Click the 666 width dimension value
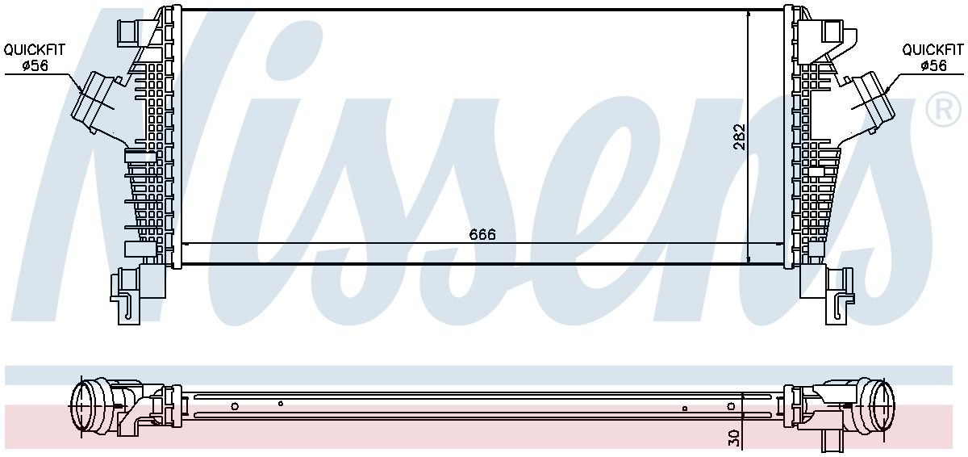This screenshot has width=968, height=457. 482,234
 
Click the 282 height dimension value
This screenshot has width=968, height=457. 740,136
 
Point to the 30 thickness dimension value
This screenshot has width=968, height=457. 734,438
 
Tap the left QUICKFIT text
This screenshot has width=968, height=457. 34,50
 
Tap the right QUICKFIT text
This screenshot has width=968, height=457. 933,50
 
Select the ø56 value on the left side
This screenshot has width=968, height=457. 35,65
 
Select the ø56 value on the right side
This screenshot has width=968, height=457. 933,65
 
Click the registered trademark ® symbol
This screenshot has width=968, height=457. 945,109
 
